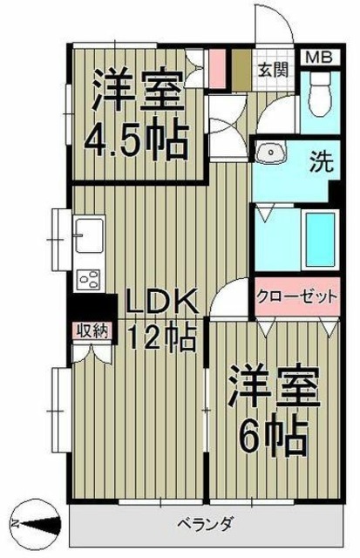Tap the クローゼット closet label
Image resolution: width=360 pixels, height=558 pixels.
[x=296, y=297]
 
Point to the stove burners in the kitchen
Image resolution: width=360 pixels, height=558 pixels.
[x=89, y=279]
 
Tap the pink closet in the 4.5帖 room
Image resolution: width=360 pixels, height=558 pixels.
[x=218, y=70]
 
